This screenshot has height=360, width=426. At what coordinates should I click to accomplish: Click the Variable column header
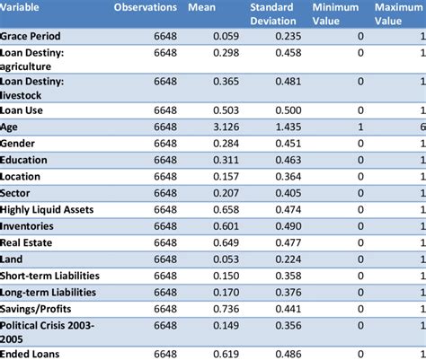[x=22, y=7]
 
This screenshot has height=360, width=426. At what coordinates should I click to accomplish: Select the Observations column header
[x=146, y=7]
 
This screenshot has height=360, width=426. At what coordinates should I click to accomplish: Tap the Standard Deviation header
[x=274, y=13]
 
